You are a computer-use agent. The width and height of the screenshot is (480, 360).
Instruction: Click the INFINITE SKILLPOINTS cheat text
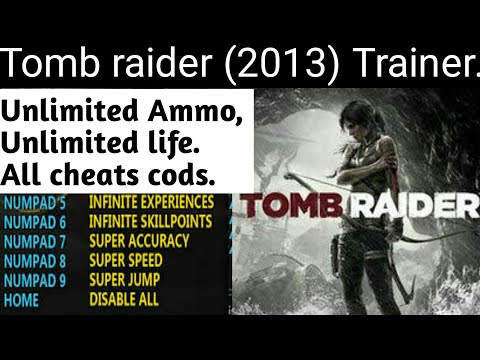pos(152,224)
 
